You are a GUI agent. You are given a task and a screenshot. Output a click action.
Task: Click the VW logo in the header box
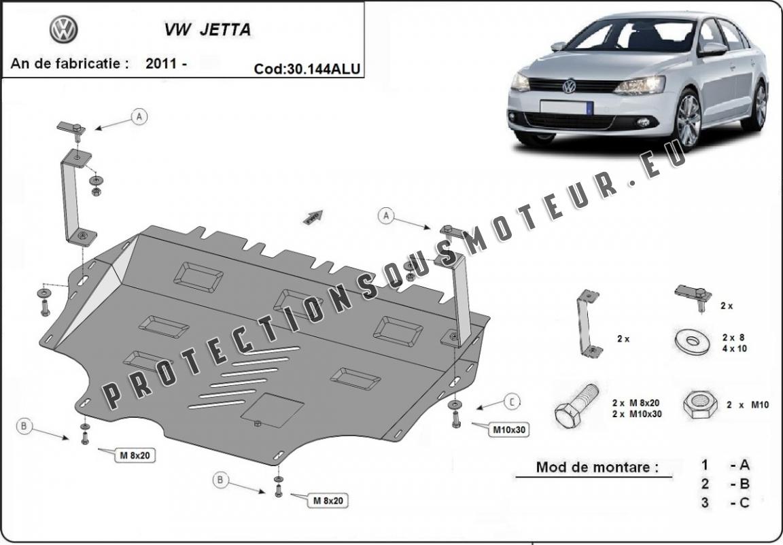(63, 29)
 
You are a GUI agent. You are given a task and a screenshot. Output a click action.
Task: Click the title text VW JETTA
(207, 29)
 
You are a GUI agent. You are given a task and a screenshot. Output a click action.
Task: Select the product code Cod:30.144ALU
(307, 69)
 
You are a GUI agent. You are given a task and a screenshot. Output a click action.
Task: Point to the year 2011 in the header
(167, 64)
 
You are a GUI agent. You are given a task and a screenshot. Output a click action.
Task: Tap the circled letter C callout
(512, 401)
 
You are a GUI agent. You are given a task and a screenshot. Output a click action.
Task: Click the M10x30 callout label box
(509, 429)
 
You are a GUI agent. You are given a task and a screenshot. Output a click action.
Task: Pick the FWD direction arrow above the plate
(313, 217)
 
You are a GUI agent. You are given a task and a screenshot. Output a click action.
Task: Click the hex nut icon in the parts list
(699, 404)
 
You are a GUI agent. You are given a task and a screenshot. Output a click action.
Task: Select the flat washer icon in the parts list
(692, 341)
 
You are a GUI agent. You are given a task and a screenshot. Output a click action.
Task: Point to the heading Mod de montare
(597, 467)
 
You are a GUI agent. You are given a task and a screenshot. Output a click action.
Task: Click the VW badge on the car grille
(569, 86)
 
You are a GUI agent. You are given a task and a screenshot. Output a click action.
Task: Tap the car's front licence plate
(566, 107)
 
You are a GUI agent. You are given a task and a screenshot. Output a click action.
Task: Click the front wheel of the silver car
(689, 120)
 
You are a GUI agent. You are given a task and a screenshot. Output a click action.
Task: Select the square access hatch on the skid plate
(272, 411)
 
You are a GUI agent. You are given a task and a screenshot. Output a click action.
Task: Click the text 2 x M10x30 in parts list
(637, 414)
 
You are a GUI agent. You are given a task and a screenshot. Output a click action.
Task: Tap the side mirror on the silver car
(713, 49)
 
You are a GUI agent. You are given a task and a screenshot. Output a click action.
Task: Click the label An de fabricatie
(69, 64)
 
